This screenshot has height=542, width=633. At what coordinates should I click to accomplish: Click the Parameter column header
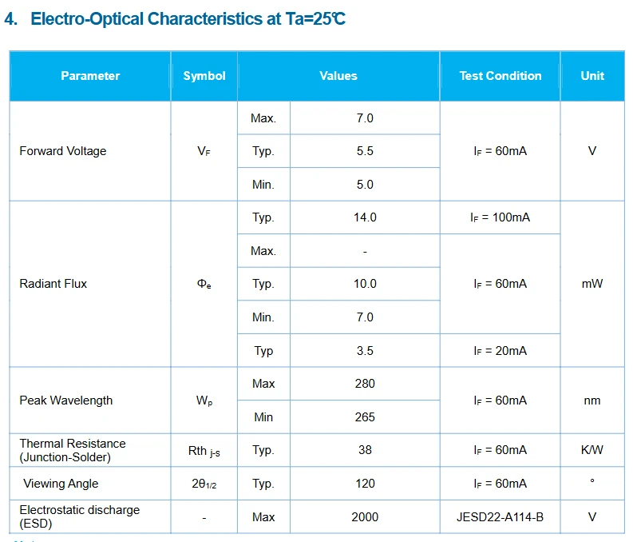pos(90,76)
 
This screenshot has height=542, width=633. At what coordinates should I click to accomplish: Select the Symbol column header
pos(204,76)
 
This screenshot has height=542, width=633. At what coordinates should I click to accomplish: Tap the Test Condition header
pos(500,76)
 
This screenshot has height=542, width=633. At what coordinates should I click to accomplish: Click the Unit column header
pos(592,76)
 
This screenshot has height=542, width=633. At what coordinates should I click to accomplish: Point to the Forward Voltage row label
pos(63,151)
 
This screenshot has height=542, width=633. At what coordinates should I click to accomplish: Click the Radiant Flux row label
pos(53,284)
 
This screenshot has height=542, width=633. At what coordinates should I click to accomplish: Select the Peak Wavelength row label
pos(66,401)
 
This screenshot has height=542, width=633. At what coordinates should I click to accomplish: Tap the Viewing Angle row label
pos(61,484)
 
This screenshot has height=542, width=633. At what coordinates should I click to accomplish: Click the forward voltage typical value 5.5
pos(365,151)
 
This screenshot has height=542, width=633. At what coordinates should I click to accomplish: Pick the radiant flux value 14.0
pos(365,217)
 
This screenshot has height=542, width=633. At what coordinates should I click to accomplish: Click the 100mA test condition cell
pos(500,217)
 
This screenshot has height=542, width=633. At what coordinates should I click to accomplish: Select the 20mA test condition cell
pos(500,350)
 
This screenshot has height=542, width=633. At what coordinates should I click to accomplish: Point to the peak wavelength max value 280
pos(365,384)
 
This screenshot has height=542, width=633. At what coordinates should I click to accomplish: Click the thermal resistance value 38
pos(365,450)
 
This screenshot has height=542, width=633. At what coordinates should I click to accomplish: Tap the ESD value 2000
pos(365,517)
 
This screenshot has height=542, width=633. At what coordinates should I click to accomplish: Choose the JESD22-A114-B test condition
pos(500,517)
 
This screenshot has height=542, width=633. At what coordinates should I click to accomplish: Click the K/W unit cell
pos(592,450)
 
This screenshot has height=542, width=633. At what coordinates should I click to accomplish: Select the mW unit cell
pos(592,284)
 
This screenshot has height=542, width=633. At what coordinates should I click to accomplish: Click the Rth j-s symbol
pos(204,451)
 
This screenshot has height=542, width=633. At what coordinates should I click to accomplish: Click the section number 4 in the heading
pos(11,19)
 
